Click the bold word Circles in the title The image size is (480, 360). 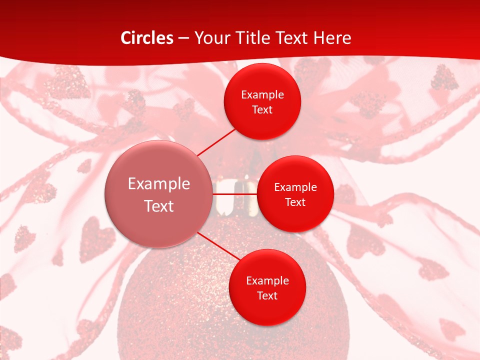coord(147,38)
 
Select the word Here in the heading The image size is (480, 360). coord(332,38)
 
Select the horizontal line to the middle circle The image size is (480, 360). coord(235,194)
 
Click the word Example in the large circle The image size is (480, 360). coord(159,184)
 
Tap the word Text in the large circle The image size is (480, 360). coord(159,206)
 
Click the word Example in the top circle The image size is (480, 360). coord(262,94)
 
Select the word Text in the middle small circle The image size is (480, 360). coord(295,202)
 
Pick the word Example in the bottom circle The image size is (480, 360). coord(267,280)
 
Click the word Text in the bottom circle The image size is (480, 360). coord(267,295)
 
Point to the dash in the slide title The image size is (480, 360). coord(183,38)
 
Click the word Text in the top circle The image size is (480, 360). coord(262,109)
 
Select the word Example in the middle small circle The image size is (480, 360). coord(295,187)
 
